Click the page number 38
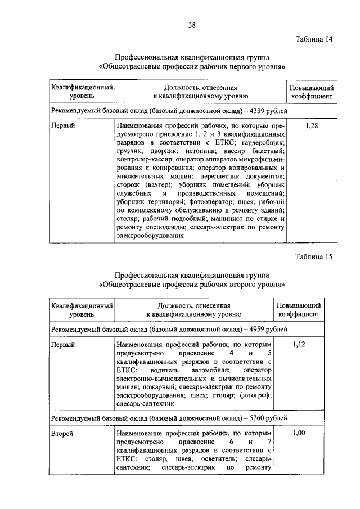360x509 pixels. point(192,25)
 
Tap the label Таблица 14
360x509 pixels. point(314,39)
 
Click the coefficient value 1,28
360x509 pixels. point(312,126)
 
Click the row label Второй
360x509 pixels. point(62,434)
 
